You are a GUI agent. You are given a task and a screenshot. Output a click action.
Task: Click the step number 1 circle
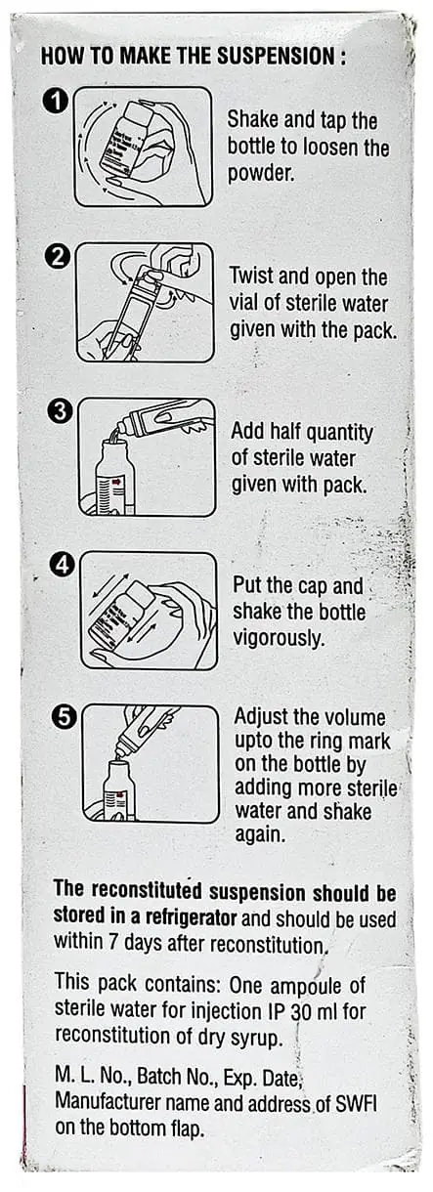coord(55,101)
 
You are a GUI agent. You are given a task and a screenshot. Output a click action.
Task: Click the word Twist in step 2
coord(251,277)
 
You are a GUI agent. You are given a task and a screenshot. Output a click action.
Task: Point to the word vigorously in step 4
coord(278,637)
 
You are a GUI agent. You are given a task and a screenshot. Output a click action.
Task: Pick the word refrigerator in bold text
coord(191,916)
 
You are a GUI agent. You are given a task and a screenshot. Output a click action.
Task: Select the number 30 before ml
coord(300,1010)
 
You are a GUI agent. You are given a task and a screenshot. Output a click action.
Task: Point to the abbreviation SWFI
coord(356,1104)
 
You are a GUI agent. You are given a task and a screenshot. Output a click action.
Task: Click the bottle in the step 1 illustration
coord(127,140)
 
